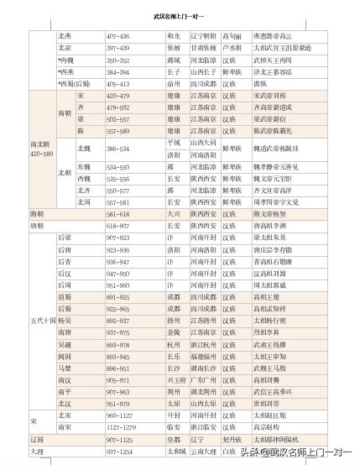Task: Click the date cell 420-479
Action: [118, 96]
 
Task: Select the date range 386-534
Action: [118, 149]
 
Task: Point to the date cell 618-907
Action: [118, 226]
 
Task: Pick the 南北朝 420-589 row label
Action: [41, 149]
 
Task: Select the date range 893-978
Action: [118, 344]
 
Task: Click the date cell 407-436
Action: [118, 37]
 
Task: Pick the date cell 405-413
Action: [118, 84]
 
